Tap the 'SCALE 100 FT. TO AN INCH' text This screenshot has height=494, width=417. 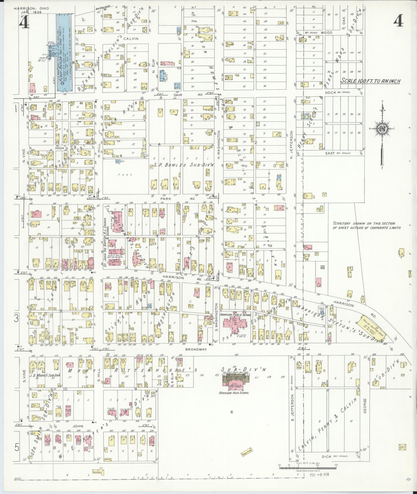point(370,81)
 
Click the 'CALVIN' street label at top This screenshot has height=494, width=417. point(131,39)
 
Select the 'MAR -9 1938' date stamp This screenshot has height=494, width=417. point(319,474)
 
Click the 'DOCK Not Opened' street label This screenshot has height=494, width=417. point(341,93)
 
